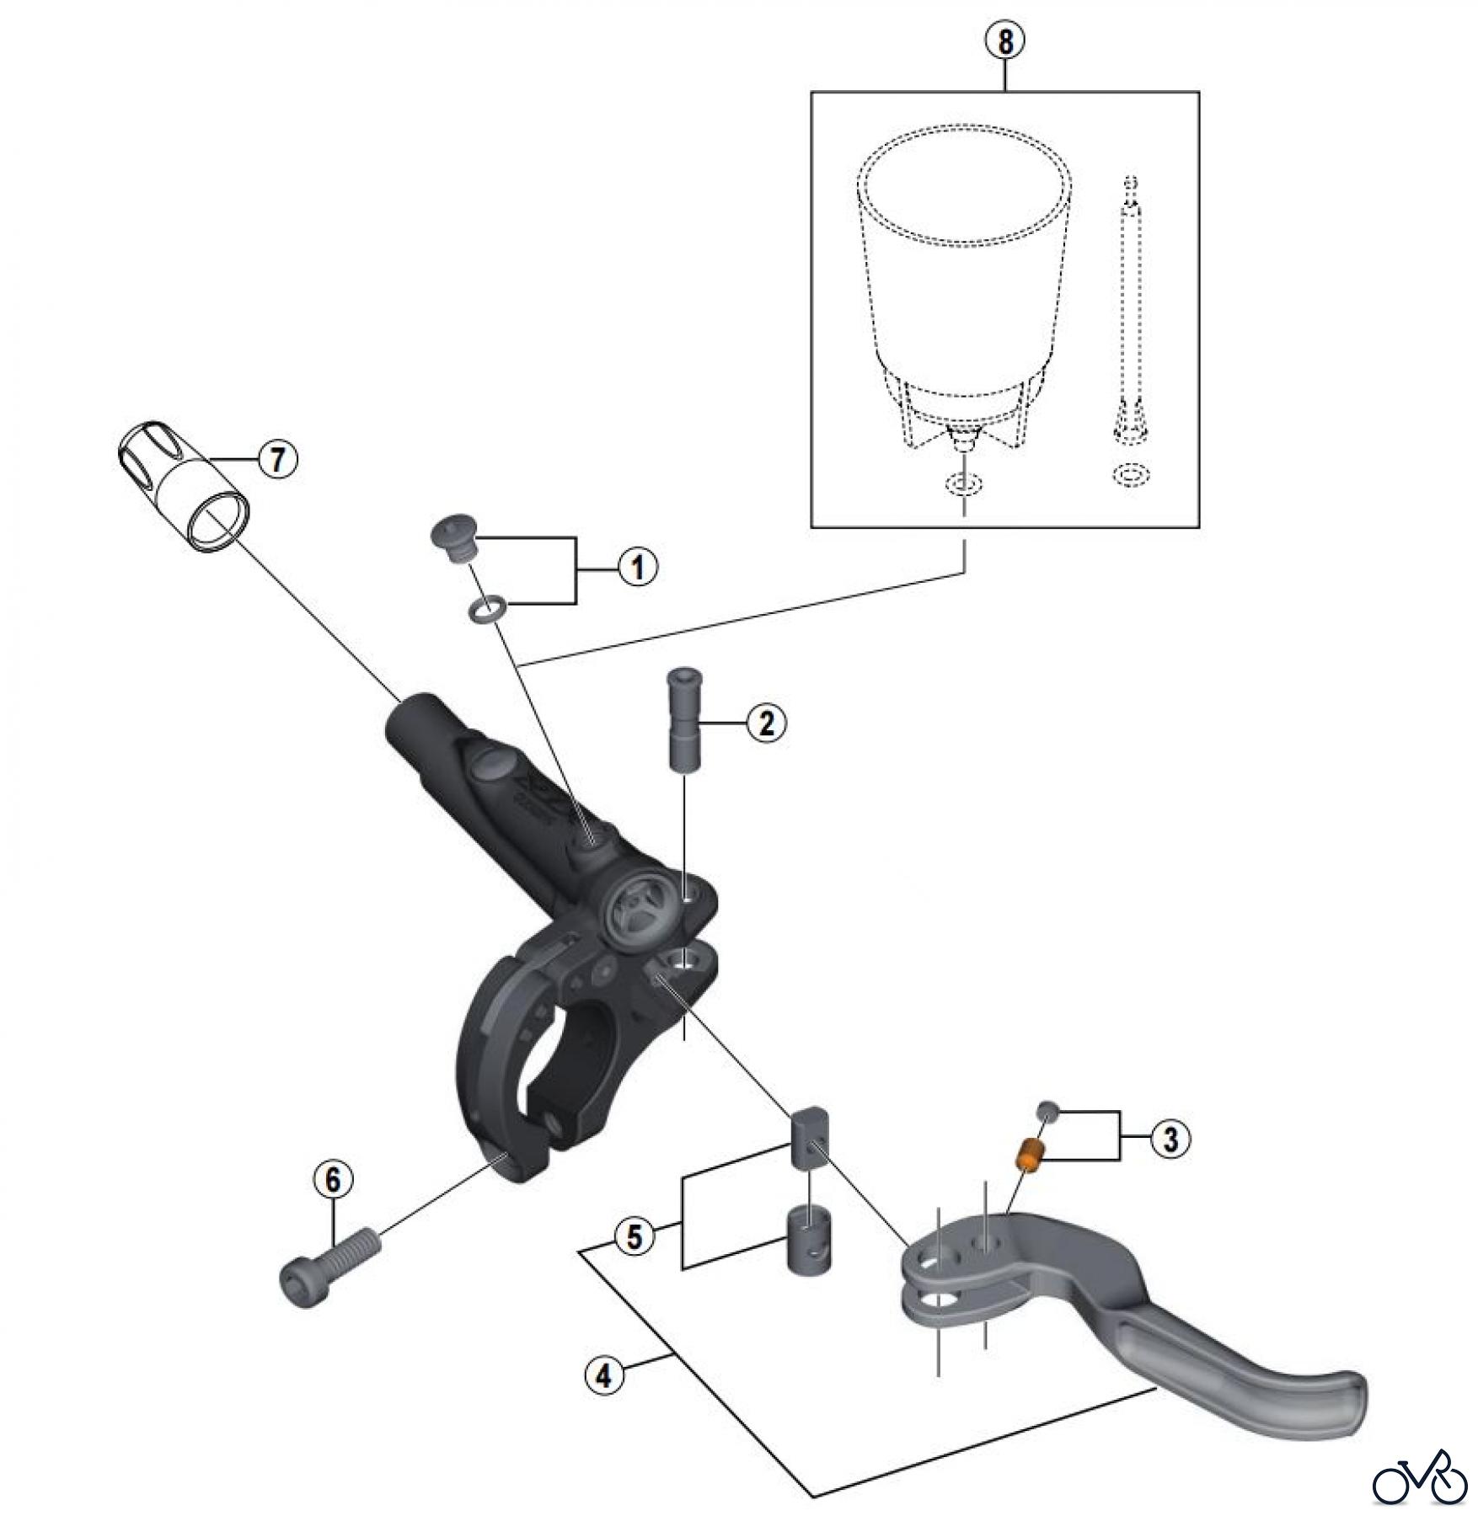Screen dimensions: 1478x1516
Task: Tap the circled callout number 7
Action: pos(277,460)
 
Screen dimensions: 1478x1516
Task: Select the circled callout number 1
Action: pos(638,567)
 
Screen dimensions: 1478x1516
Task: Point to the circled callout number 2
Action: pos(766,723)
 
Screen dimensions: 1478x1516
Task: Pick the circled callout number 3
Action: pos(1170,1140)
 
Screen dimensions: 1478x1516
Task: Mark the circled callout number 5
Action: pos(635,1237)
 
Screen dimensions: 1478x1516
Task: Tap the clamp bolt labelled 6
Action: pos(328,1267)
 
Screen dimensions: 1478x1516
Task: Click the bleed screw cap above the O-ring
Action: pos(454,542)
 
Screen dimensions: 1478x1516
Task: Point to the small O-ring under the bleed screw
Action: pos(487,608)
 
